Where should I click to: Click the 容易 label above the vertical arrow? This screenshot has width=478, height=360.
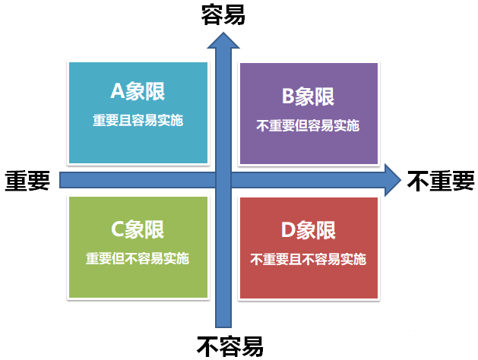(x=223, y=14)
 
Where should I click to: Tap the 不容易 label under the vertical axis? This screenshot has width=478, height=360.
(x=230, y=346)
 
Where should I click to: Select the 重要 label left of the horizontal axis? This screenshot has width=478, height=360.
(x=28, y=180)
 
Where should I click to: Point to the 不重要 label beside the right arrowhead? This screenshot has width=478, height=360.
(x=441, y=180)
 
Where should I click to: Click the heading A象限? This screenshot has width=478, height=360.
(x=138, y=92)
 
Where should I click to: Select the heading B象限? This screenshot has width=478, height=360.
(x=308, y=96)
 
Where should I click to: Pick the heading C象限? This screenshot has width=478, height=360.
(x=138, y=228)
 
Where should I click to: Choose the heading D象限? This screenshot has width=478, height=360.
(x=308, y=230)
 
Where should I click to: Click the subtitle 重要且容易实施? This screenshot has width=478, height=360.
(x=138, y=120)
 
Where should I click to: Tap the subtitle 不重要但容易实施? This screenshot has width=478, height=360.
(x=308, y=125)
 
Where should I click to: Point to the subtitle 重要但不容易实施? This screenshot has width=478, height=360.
(x=138, y=257)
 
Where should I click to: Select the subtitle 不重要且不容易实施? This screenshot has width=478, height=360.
(x=308, y=259)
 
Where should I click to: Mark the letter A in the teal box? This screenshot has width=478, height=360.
(x=118, y=92)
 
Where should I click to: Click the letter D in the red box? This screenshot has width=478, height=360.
(x=288, y=230)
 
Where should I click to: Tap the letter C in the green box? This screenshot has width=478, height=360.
(x=118, y=228)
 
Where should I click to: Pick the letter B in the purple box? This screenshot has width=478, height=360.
(x=288, y=96)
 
